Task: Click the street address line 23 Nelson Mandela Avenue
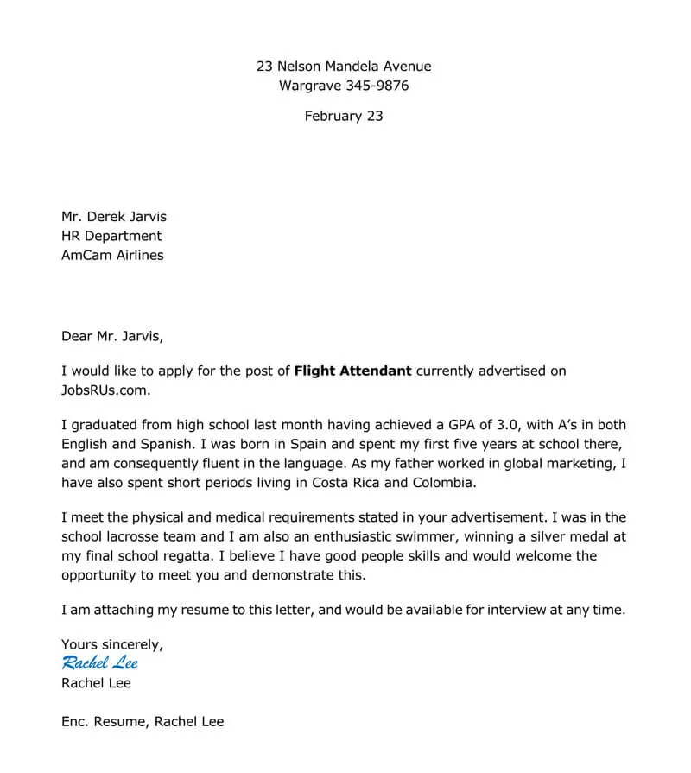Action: [344, 67]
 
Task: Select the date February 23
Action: [344, 116]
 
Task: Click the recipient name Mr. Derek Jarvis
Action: [114, 217]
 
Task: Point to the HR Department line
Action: [111, 236]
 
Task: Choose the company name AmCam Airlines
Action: [112, 255]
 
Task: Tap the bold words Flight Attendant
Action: [353, 371]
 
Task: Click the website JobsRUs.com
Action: [105, 390]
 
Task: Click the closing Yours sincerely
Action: [112, 644]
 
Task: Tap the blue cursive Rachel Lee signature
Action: [99, 663]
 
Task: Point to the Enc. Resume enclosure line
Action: [143, 721]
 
